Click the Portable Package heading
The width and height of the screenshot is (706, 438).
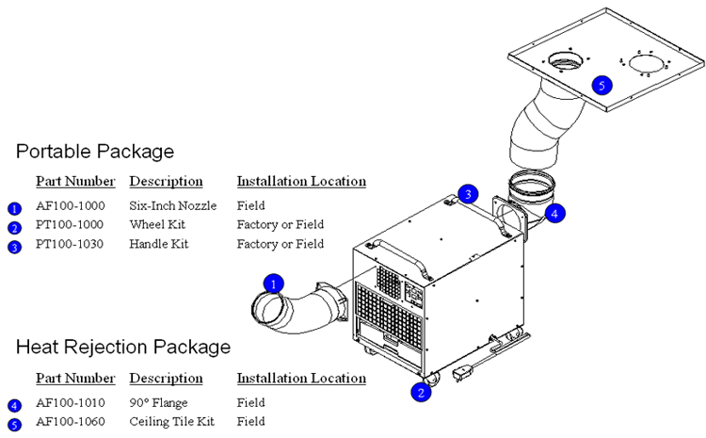(x=94, y=151)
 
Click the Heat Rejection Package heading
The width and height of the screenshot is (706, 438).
(x=122, y=347)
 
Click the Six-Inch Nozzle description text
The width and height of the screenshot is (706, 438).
(x=173, y=205)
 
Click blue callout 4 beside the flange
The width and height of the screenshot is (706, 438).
(x=555, y=213)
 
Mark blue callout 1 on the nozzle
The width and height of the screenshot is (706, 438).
(x=273, y=283)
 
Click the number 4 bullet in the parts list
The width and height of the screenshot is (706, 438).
(x=14, y=406)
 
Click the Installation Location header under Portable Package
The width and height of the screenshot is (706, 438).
(x=301, y=181)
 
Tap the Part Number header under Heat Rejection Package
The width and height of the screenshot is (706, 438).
(x=75, y=379)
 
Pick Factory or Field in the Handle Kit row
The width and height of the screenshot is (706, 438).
(x=280, y=244)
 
